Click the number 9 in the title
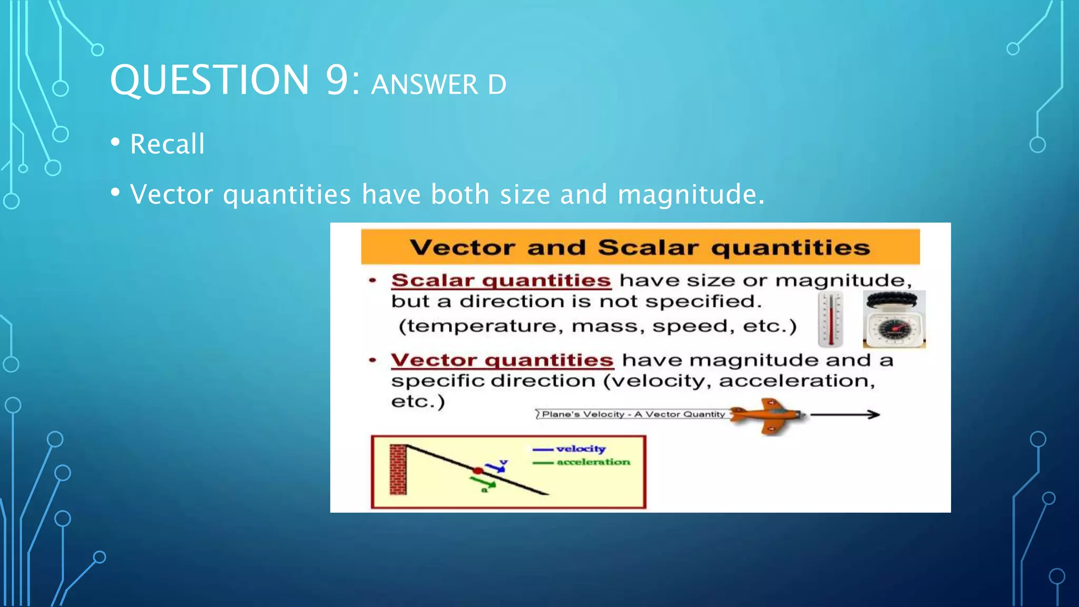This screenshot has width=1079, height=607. (337, 81)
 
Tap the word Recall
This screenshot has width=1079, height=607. (167, 144)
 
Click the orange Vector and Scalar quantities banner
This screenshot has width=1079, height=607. (640, 247)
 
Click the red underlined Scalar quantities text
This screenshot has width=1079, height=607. (501, 280)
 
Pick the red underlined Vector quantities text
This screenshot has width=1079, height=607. (502, 360)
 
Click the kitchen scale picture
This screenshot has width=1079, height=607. (894, 320)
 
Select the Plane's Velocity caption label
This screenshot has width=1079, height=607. (633, 414)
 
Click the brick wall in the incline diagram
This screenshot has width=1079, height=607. (398, 469)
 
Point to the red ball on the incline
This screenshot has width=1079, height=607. (478, 471)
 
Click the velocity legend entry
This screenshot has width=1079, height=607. (580, 449)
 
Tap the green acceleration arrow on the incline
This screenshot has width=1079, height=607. (483, 482)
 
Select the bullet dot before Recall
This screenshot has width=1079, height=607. (115, 142)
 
